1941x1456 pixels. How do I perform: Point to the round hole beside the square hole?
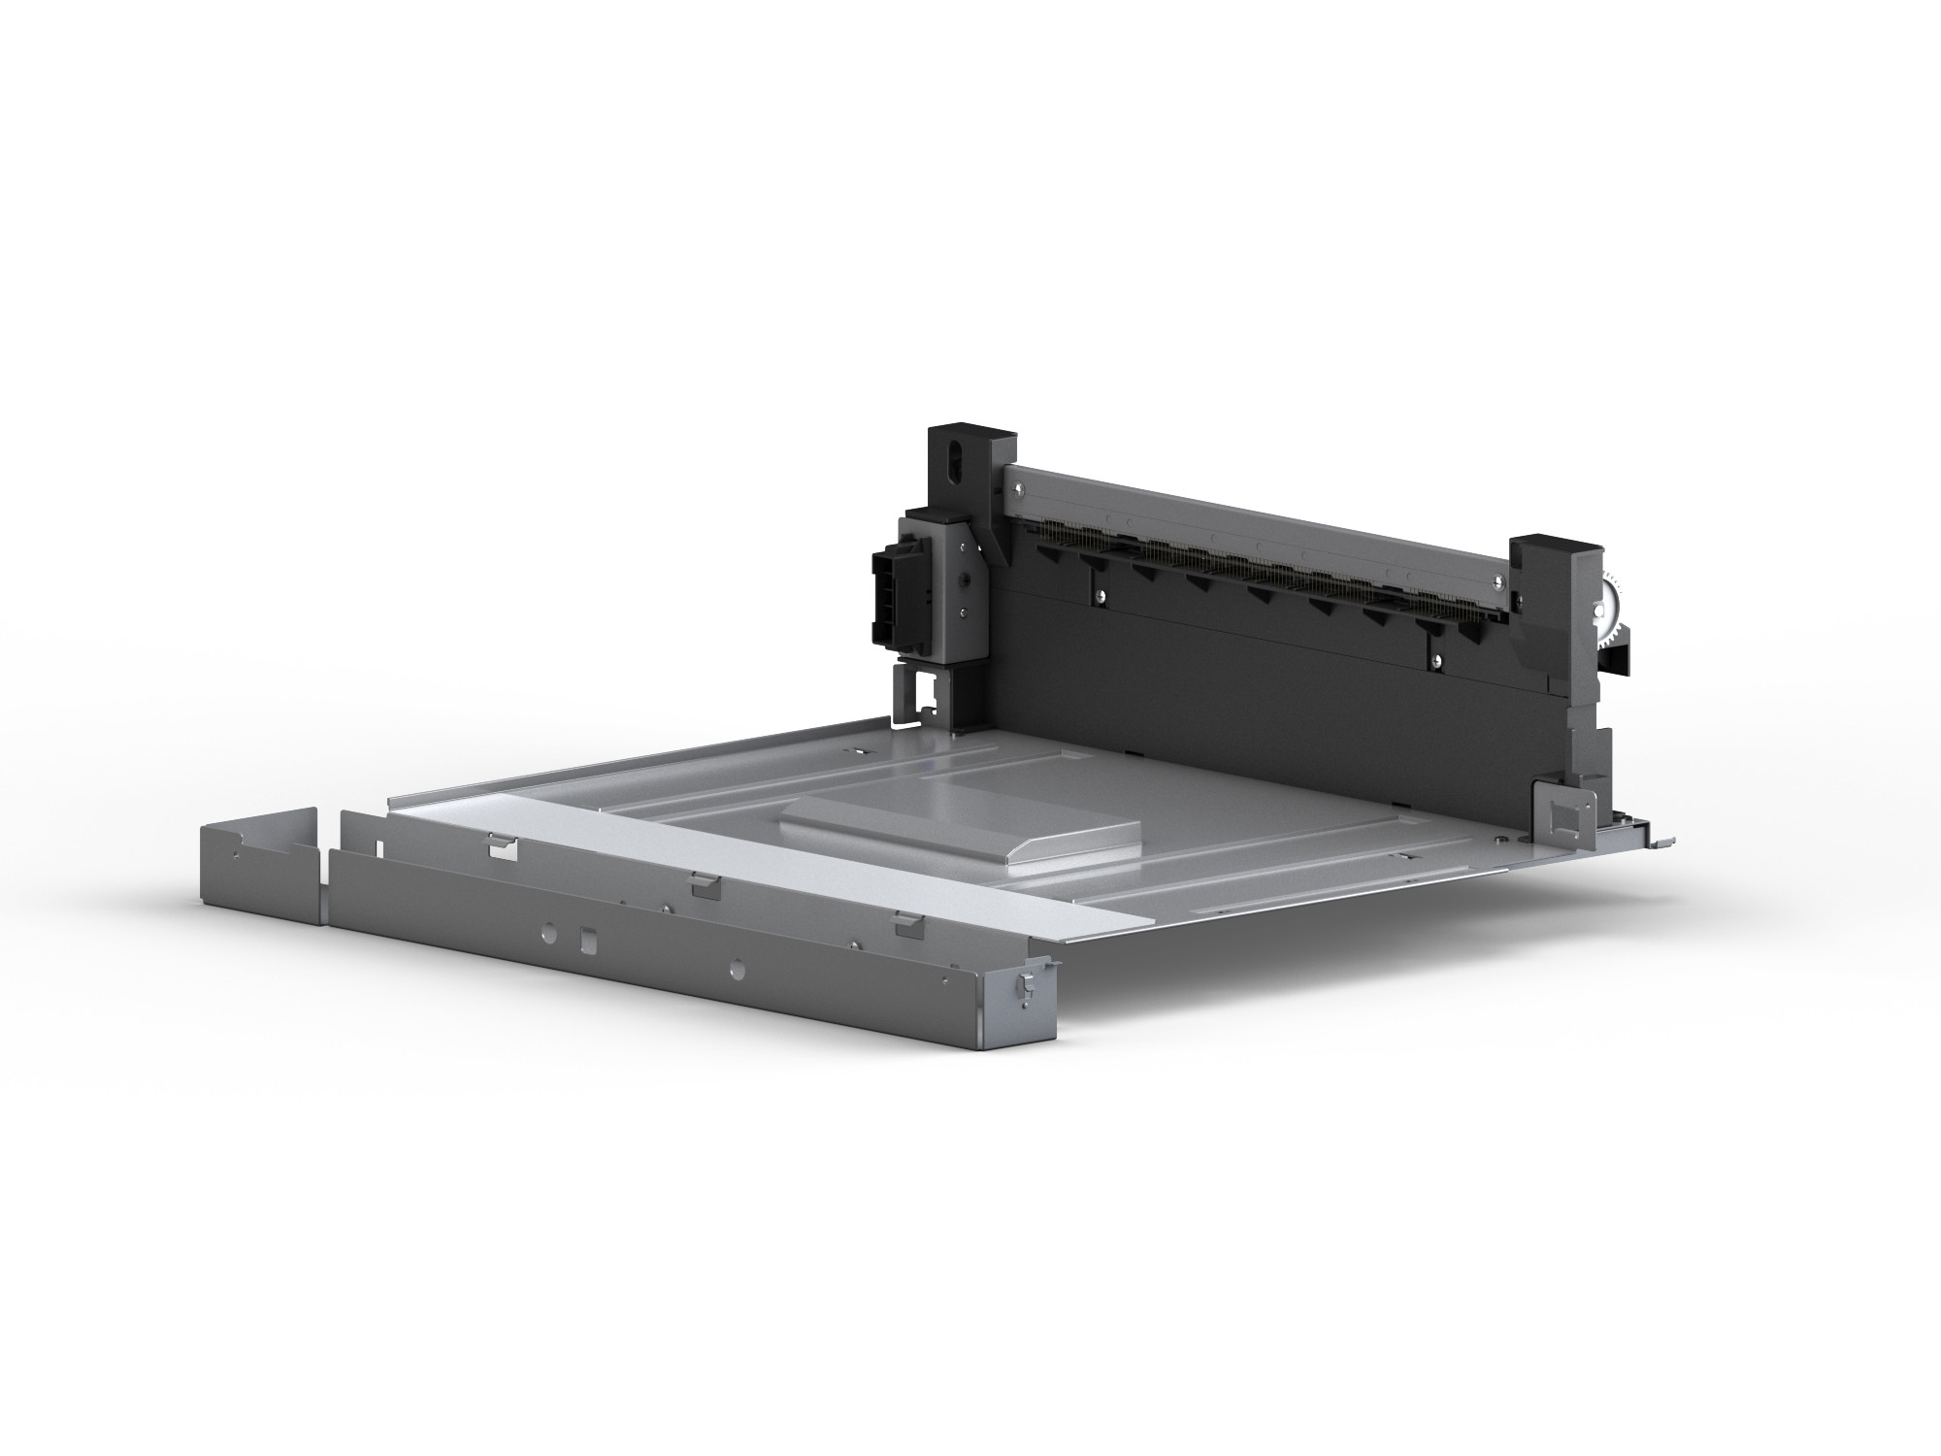click(548, 930)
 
